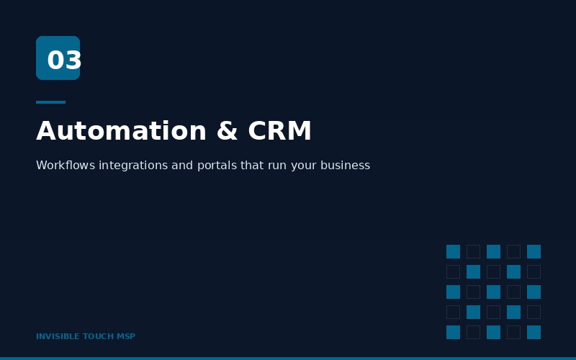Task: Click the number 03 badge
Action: tap(58, 58)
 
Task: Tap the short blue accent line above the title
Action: tap(50, 102)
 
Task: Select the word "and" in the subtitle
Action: tap(182, 166)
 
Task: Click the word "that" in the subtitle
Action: tap(252, 166)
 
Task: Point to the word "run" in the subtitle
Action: tap(277, 166)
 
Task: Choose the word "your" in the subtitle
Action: tap(304, 166)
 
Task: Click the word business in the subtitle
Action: tap(346, 166)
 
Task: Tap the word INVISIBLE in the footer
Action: tap(58, 336)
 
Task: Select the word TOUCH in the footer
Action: tap(99, 336)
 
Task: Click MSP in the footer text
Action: tap(127, 336)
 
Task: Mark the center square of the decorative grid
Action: tap(493, 292)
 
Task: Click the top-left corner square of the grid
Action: tap(453, 251)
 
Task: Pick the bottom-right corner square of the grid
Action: tap(534, 332)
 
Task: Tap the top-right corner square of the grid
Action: tap(534, 251)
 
